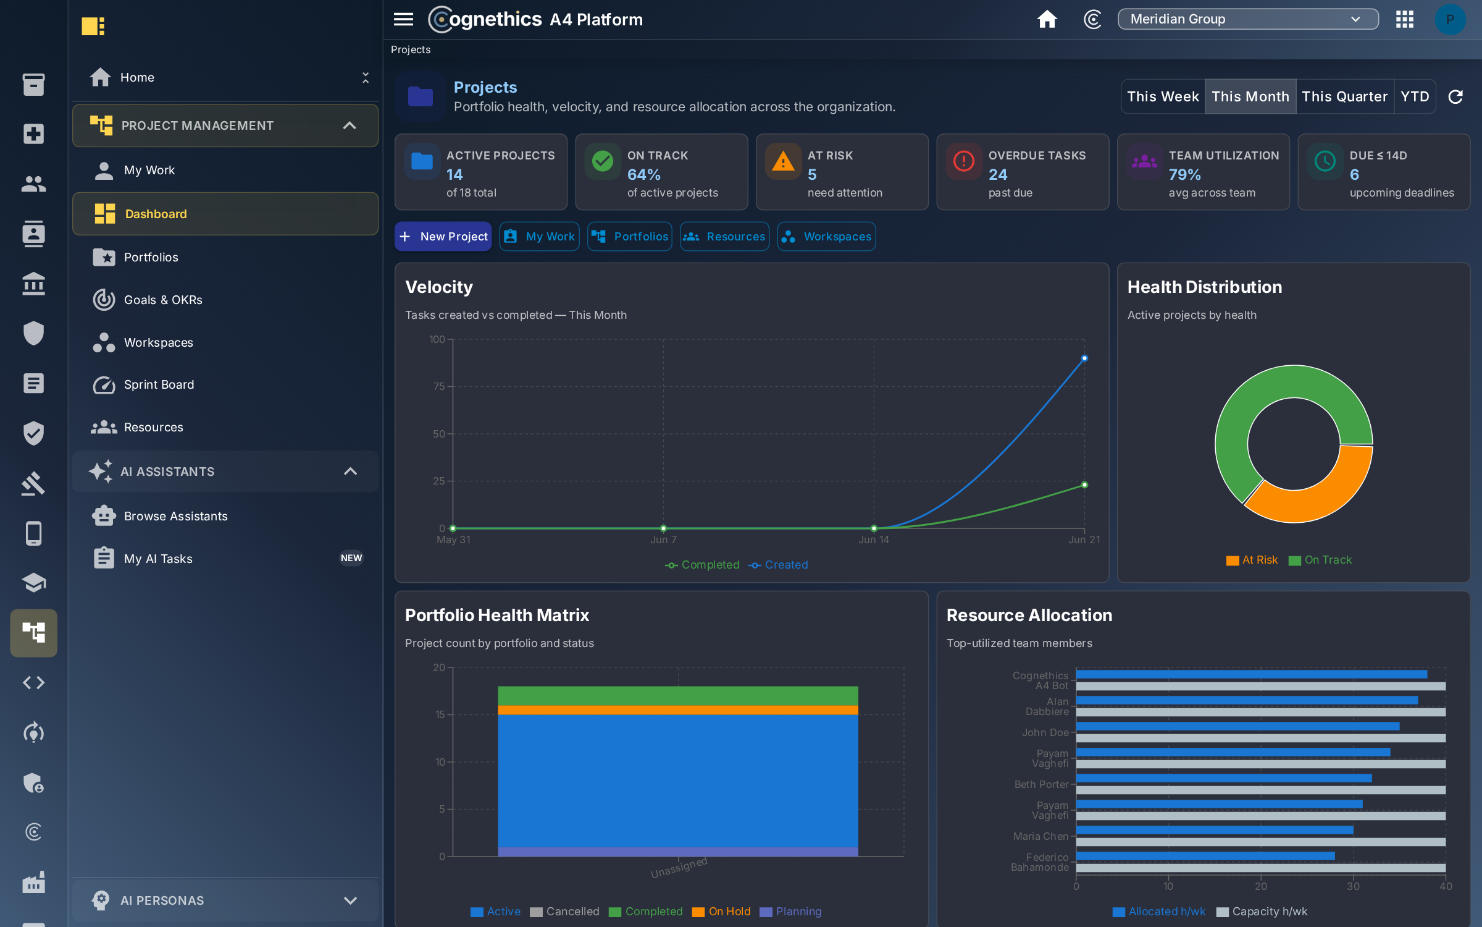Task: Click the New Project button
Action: [443, 237]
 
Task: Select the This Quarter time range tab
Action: [1344, 96]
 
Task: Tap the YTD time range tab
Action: [1415, 96]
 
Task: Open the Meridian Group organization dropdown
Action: [1247, 19]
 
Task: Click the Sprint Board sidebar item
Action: [159, 384]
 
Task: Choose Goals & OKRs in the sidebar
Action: [163, 300]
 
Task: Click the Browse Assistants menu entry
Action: [175, 516]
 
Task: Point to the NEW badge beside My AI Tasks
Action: [351, 558]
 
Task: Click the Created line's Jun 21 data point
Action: [1084, 358]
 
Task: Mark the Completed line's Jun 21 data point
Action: [1084, 485]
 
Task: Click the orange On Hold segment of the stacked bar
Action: [678, 710]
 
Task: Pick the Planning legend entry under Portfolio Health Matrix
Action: [790, 912]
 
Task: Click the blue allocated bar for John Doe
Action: [1238, 726]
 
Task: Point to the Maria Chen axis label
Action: [1040, 836]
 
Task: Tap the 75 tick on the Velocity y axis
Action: [439, 386]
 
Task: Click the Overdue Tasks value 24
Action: [998, 175]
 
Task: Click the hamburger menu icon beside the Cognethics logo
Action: [403, 19]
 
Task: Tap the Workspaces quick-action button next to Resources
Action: [826, 237]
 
